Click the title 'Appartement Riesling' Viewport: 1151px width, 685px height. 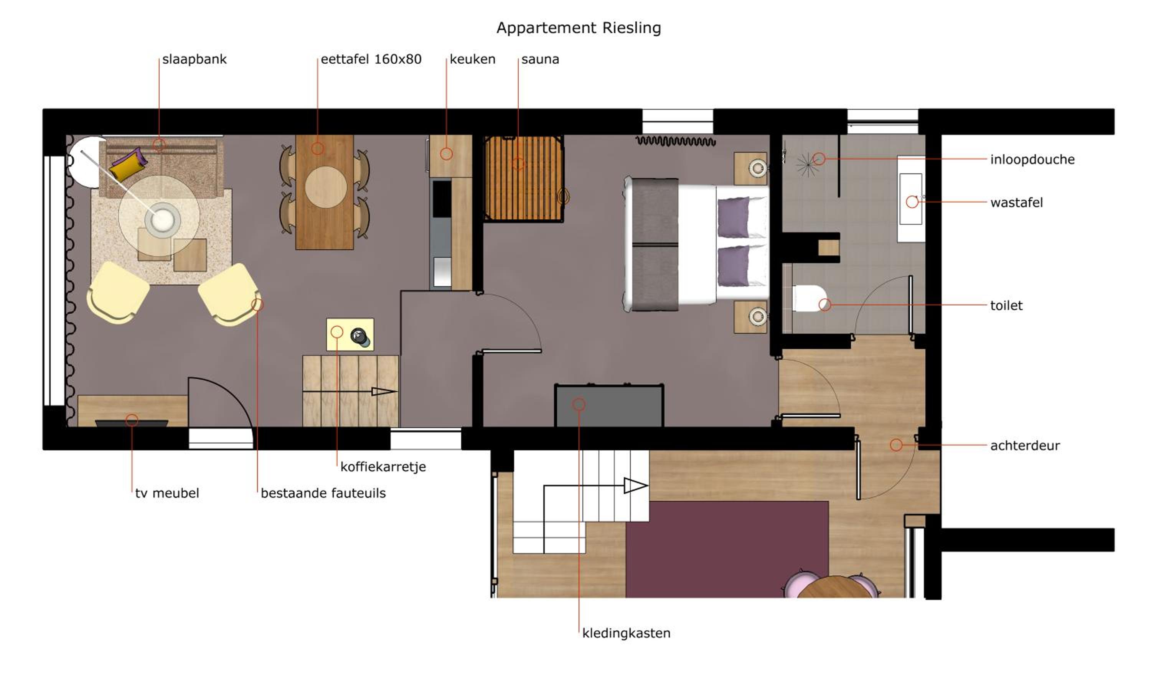click(579, 28)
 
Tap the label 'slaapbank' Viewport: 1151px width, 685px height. click(195, 59)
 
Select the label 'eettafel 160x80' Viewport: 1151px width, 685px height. click(371, 59)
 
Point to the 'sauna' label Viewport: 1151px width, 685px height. click(540, 59)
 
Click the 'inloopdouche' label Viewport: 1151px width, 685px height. click(1032, 160)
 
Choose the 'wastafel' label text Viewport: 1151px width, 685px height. click(1016, 203)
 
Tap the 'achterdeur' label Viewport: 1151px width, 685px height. click(1025, 445)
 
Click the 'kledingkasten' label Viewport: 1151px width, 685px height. click(626, 633)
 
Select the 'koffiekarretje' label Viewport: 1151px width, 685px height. click(383, 467)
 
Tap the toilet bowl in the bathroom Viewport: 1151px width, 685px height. click(809, 298)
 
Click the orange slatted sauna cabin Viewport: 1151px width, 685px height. click(524, 179)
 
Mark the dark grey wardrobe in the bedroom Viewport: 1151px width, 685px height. click(609, 406)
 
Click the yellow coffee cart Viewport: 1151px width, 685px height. click(350, 334)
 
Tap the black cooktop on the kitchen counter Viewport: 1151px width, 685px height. click(441, 199)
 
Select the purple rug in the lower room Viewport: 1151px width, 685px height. click(727, 549)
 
